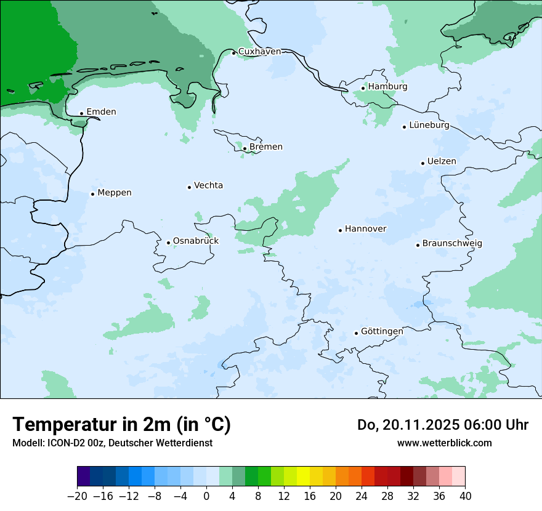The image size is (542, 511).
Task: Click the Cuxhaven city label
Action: [259, 52]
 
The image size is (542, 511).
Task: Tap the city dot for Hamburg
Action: [363, 88]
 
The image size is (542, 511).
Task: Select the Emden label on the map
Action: [101, 112]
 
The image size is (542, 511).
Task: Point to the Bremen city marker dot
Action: [245, 148]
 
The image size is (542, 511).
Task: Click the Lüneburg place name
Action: [429, 126]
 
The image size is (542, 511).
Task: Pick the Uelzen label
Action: [442, 162]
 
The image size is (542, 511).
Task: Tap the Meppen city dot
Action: [92, 194]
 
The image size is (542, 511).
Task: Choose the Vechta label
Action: [208, 186]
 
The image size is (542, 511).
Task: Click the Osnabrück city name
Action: [195, 241]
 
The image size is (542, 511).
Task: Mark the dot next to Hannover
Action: [340, 230]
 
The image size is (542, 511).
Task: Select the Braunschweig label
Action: [452, 244]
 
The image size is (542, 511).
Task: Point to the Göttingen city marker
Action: [356, 333]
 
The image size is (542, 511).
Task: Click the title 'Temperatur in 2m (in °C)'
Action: [121, 425]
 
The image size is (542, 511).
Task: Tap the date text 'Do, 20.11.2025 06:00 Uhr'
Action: [442, 425]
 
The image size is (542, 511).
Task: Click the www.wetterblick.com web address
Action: [444, 443]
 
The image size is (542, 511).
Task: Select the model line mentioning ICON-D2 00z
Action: [112, 443]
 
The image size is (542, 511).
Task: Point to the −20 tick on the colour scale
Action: [77, 496]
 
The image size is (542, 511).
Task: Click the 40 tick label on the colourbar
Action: [465, 496]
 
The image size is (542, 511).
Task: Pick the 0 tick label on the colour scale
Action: [206, 496]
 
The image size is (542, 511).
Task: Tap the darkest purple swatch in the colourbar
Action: [84, 477]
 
